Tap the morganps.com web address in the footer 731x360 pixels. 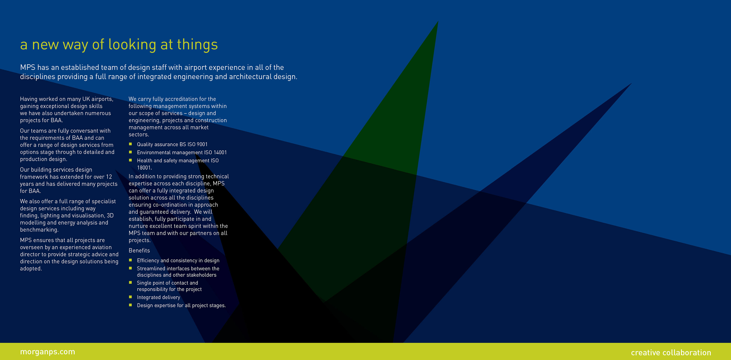(48, 352)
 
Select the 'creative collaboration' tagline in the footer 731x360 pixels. (671, 353)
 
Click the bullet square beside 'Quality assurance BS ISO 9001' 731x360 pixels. (131, 144)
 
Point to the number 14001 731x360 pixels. (220, 152)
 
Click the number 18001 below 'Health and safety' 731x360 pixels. (144, 168)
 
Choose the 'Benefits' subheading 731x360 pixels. (139, 250)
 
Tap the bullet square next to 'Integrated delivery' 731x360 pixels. (131, 297)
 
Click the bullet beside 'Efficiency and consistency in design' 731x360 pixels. (131, 260)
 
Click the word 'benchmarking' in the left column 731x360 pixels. (39, 230)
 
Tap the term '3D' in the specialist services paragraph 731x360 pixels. (110, 215)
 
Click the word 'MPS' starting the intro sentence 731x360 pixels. (28, 67)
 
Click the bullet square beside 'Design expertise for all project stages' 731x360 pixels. (131, 305)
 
